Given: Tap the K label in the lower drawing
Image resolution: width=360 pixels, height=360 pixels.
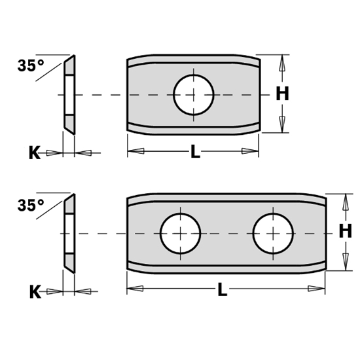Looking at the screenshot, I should pyautogui.click(x=35, y=292).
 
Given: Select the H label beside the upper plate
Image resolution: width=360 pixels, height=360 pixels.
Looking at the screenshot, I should pyautogui.click(x=281, y=94).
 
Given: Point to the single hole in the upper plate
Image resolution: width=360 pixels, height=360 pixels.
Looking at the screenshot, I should pyautogui.click(x=194, y=94).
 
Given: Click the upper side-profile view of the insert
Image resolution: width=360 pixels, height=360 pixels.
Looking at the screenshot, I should pyautogui.click(x=69, y=94).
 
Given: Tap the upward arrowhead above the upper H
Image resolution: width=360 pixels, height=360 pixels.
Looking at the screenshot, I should pyautogui.click(x=282, y=63).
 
